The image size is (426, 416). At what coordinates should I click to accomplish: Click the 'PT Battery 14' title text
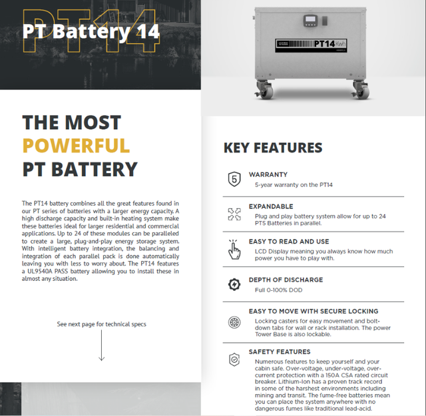(x=91, y=31)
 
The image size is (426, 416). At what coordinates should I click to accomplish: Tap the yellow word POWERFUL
(x=76, y=145)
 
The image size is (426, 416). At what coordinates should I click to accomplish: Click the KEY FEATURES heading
(x=272, y=148)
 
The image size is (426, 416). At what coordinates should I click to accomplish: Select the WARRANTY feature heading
(x=268, y=174)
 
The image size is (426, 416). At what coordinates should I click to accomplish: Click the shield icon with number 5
(x=234, y=179)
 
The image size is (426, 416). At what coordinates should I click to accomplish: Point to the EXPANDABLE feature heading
(x=271, y=206)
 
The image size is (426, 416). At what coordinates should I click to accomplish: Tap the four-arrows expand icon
(x=234, y=214)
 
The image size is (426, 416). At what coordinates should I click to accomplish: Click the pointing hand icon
(x=234, y=249)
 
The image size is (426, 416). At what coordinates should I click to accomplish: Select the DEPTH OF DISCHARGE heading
(x=286, y=280)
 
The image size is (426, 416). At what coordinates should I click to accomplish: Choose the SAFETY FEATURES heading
(x=280, y=351)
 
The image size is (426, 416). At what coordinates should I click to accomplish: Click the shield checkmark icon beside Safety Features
(x=234, y=359)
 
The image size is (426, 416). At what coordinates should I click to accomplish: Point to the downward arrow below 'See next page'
(x=102, y=347)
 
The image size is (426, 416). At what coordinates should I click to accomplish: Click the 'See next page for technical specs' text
(x=102, y=324)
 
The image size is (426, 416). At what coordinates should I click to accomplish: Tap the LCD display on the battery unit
(x=310, y=19)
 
